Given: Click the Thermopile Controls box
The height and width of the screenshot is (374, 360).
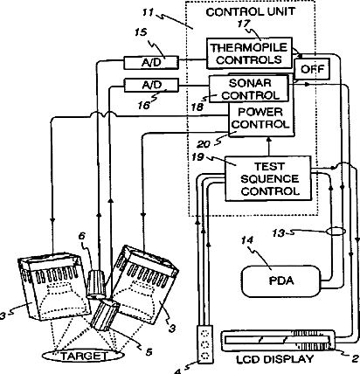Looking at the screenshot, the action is click(249, 53).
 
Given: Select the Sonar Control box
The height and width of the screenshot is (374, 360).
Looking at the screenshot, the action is click(249, 89).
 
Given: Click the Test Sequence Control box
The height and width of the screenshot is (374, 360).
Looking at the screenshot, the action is click(268, 178).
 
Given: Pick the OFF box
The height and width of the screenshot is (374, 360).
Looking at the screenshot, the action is click(312, 69).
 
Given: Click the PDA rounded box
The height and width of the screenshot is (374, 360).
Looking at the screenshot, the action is click(281, 281).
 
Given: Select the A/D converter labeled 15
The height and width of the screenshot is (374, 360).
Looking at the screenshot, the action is click(151, 63).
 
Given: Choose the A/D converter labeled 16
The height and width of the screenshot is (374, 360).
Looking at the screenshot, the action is click(151, 86).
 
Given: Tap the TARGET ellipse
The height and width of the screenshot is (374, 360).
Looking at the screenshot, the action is click(84, 356).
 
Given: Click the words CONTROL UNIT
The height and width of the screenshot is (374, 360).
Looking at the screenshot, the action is click(251, 12).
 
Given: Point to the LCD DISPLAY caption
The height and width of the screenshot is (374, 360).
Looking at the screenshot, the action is click(275, 359).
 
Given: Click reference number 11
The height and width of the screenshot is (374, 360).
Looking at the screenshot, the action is click(148, 12).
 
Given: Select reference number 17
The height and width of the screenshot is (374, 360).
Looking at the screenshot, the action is click(244, 24).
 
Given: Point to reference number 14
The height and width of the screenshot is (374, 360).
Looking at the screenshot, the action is click(247, 240).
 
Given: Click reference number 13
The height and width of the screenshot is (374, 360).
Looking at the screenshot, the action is click(279, 232).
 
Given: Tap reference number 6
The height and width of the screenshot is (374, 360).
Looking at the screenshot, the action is click(82, 236).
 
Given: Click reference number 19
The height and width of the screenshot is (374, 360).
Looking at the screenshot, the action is click(197, 157).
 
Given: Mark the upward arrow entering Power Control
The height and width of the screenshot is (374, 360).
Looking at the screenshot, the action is click(268, 147).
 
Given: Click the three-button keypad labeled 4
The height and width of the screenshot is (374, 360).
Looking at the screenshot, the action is click(205, 344).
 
